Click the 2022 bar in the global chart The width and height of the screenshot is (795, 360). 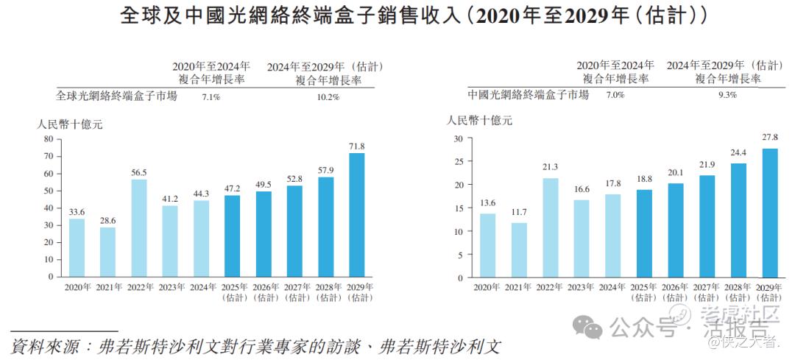[x=139, y=228]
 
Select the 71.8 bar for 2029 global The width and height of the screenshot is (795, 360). [x=357, y=215]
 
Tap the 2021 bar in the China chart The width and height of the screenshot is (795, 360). [x=518, y=250]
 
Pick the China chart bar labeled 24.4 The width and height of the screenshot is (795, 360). [x=738, y=221]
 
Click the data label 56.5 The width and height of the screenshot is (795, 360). [x=139, y=172]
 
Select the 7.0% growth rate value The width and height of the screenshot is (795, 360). [x=615, y=95]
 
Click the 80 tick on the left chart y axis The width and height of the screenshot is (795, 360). [x=48, y=138]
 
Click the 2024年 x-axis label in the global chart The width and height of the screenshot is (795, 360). [x=203, y=287]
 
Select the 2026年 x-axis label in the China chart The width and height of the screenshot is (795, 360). [x=676, y=288]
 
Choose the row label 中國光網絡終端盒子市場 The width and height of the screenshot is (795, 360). [x=528, y=95]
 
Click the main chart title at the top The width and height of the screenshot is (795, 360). [x=397, y=16]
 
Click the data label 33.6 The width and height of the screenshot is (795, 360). [x=77, y=211]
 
